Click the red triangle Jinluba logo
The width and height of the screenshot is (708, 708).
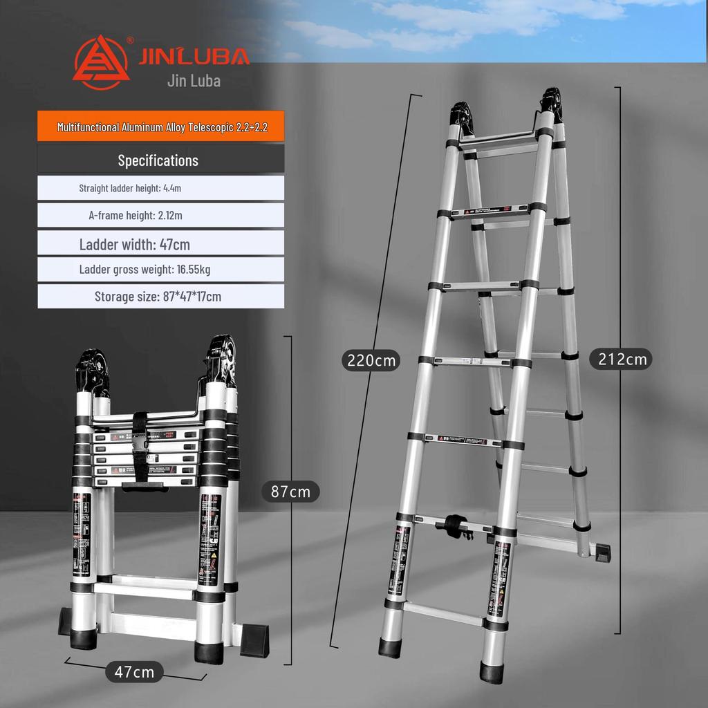point(101,62)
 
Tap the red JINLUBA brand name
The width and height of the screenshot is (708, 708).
point(194,56)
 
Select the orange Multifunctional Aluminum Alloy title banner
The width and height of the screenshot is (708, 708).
point(160,127)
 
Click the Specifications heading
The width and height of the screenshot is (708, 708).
point(158,160)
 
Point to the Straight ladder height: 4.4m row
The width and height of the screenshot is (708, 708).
point(130,188)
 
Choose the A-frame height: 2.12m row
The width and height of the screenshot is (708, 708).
point(136,215)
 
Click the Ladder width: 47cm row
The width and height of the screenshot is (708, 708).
point(135,244)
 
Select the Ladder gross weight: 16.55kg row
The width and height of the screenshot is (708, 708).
point(145,269)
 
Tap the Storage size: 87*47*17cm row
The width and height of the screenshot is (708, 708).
point(158,297)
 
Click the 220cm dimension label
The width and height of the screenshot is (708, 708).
point(372,360)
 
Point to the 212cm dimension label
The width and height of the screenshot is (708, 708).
point(620,359)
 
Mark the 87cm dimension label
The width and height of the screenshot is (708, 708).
point(290,492)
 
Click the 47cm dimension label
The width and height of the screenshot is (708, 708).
point(134,671)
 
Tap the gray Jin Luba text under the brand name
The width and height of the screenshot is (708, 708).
point(194,81)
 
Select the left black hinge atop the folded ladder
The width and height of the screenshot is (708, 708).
point(92,371)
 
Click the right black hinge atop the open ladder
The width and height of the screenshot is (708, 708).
point(552,105)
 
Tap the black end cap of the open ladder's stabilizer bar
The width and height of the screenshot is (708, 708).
point(602,552)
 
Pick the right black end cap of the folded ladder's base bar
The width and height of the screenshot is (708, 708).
point(254,640)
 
